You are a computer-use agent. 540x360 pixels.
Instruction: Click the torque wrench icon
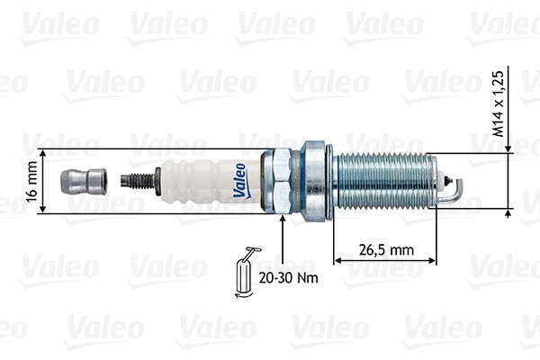pyautogui.click(x=244, y=270)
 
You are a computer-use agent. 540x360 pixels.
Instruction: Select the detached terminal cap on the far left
pyautogui.click(x=79, y=180)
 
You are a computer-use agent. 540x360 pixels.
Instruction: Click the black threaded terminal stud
pyautogui.click(x=139, y=180)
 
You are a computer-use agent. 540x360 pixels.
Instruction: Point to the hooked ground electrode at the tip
pyautogui.click(x=455, y=188)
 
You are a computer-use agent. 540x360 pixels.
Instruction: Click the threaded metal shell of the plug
pyautogui.click(x=382, y=181)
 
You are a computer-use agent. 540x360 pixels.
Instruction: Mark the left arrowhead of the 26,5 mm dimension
pyautogui.click(x=338, y=261)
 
